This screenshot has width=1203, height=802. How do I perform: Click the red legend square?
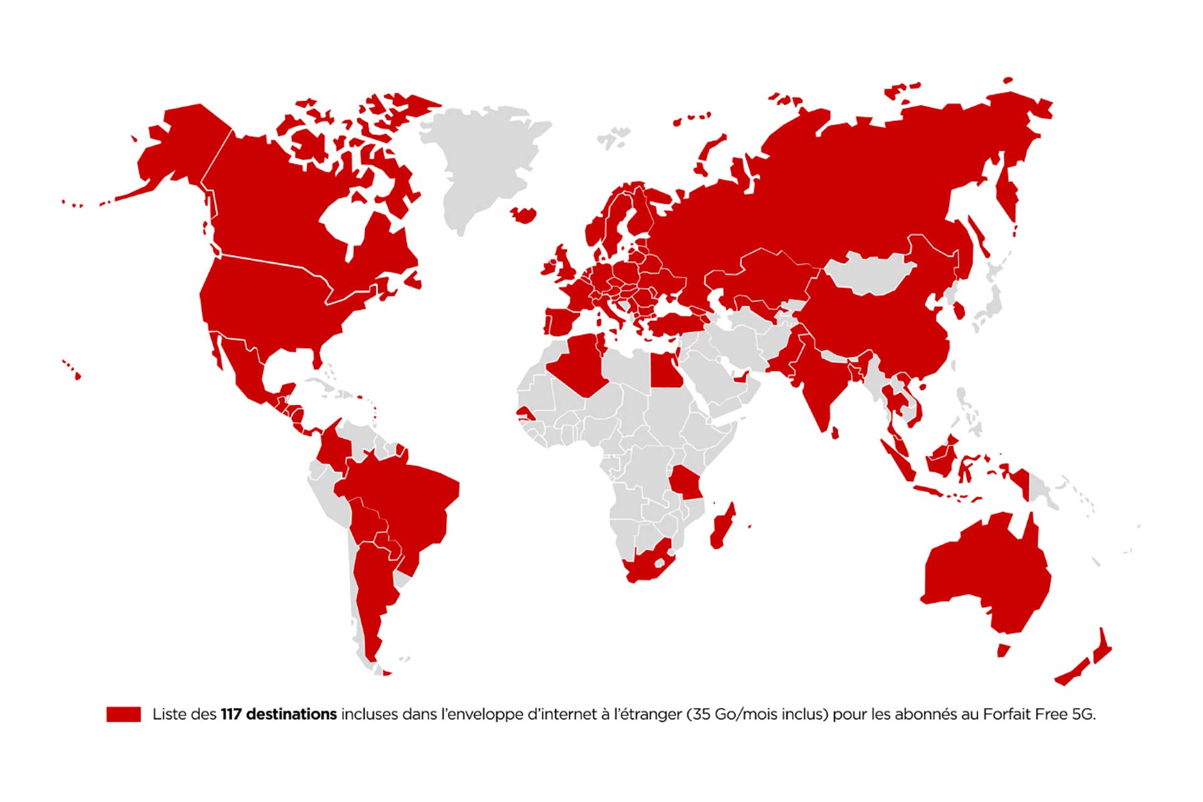click(123, 714)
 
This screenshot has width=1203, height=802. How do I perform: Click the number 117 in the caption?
click(231, 714)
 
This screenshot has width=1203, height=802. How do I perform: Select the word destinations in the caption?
click(291, 714)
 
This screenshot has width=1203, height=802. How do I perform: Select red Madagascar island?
click(722, 526)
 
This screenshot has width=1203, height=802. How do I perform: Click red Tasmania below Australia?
click(1003, 650)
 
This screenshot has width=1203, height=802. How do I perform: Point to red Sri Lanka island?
click(835, 433)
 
